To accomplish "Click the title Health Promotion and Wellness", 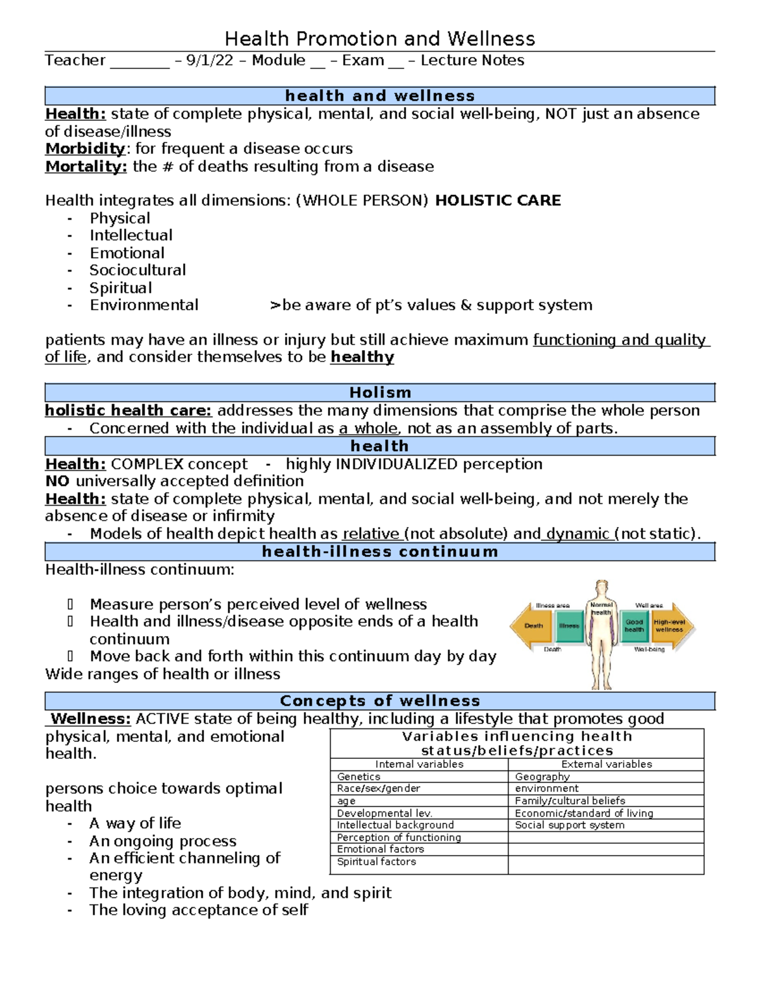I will tap(380, 39).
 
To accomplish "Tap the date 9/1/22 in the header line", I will tap(210, 61).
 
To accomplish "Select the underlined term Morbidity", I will tap(85, 149).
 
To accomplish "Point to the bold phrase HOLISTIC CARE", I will tap(498, 201).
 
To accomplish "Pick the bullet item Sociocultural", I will tap(137, 270).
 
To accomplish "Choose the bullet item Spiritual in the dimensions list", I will tap(120, 288).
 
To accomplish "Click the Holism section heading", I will tap(380, 392).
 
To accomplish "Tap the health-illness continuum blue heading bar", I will tap(380, 552).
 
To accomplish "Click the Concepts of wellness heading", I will tap(380, 701).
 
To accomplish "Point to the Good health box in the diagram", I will tap(634, 626).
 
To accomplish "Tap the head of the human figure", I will tap(601, 589).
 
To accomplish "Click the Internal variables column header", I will tap(419, 765).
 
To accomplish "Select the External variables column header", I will tap(606, 765).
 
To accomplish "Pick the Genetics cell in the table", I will tap(358, 777).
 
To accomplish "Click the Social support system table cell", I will tap(569, 825).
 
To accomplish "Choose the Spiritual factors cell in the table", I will tap(376, 862).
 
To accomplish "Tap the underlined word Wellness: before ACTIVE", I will tap(91, 719).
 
